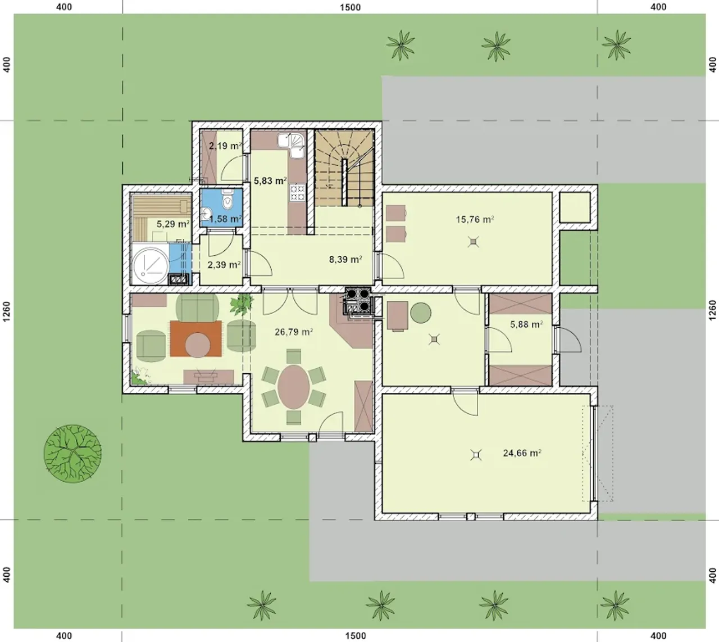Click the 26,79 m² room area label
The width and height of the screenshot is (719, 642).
[293, 332]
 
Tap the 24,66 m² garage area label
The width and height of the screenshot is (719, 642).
[522, 453]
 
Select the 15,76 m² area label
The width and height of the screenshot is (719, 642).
[475, 219]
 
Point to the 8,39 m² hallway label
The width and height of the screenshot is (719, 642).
[345, 259]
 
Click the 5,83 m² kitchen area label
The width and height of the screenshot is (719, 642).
[270, 181]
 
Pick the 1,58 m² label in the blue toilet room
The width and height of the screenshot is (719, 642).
[225, 219]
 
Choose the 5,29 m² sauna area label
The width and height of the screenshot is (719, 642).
[173, 224]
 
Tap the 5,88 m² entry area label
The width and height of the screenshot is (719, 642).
[527, 324]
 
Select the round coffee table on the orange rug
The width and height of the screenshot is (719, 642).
[197, 345]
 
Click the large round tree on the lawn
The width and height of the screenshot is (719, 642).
[72, 453]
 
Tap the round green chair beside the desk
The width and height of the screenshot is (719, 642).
[421, 313]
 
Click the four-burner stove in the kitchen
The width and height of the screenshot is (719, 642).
[298, 193]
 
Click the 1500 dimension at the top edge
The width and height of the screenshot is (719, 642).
[351, 7]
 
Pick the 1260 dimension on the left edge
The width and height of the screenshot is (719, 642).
[7, 311]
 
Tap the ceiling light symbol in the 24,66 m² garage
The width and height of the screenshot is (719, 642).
[476, 454]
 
